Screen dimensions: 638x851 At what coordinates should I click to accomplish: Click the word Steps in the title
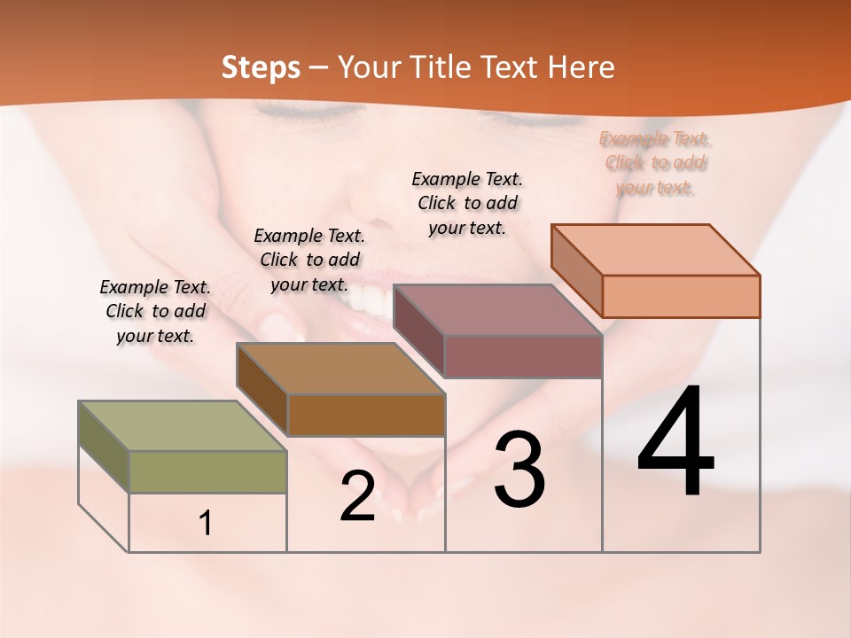click(261, 67)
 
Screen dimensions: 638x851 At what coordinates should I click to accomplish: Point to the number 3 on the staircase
click(519, 470)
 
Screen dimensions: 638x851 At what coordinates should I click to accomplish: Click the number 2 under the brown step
click(357, 496)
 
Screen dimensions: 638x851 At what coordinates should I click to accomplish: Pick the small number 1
click(205, 524)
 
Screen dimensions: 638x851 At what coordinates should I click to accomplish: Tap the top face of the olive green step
click(183, 426)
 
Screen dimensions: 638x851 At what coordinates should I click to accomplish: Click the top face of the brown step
click(340, 369)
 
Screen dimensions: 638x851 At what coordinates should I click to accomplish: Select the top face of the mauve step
click(497, 310)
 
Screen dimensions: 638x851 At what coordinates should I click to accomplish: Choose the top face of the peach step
click(656, 250)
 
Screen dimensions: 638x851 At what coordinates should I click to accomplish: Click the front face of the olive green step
click(207, 471)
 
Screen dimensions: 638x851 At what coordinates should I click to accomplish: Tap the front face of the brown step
click(366, 415)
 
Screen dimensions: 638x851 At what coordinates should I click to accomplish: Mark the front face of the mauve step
click(523, 356)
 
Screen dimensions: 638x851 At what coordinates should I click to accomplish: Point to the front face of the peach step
click(681, 296)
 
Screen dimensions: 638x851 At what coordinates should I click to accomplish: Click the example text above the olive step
click(155, 311)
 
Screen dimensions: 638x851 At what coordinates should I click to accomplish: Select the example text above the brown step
click(309, 260)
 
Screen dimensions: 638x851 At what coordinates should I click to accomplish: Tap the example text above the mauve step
click(467, 203)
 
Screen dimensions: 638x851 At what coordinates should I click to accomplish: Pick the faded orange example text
click(655, 163)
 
